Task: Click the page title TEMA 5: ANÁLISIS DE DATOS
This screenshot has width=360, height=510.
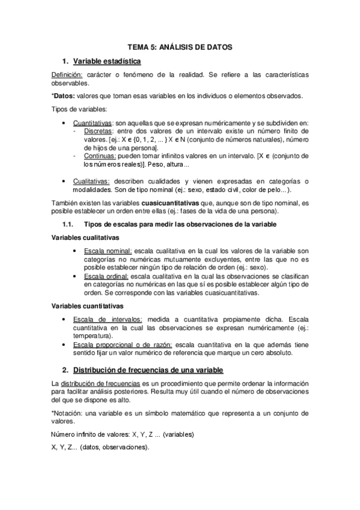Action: point(180,46)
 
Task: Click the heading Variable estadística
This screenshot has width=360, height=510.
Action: point(107,61)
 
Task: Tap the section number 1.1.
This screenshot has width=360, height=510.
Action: point(68,224)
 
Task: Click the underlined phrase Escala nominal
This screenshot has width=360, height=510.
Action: point(109,250)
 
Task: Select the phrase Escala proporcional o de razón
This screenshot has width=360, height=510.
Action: point(130,344)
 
